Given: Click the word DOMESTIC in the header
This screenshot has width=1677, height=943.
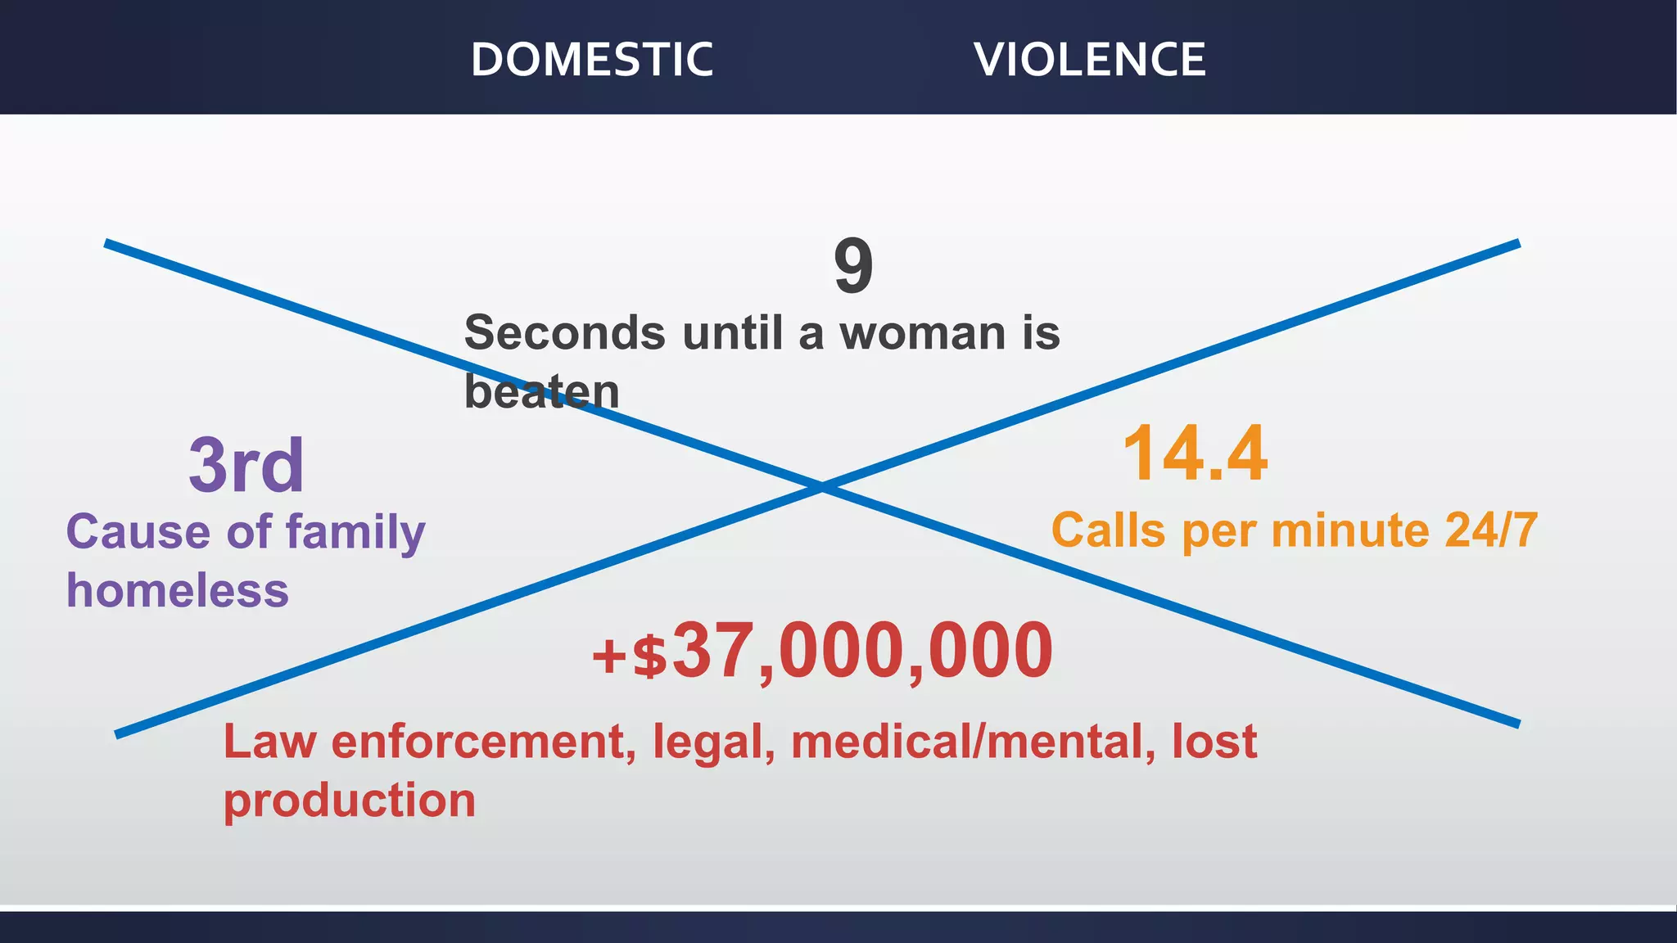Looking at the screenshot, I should click(x=591, y=60).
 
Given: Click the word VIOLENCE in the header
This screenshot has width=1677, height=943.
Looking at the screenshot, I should click(x=1090, y=60).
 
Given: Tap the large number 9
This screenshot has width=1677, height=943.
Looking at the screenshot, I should click(x=853, y=267).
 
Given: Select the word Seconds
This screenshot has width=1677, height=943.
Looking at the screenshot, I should click(x=565, y=333).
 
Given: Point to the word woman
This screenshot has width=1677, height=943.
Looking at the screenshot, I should click(x=922, y=333).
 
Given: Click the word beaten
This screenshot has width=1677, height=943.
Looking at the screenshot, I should click(x=541, y=391).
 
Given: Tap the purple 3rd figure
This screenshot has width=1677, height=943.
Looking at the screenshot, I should click(x=246, y=465).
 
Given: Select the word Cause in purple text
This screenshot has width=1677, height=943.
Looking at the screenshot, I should click(x=138, y=531).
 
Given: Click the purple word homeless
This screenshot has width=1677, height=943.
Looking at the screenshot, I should click(x=178, y=590).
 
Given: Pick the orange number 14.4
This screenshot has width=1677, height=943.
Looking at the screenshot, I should click(x=1195, y=454).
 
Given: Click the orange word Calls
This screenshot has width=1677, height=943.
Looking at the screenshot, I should click(x=1108, y=530).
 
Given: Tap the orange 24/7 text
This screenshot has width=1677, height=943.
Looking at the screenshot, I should click(x=1491, y=530).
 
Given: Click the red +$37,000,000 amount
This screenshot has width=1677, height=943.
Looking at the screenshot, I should click(x=822, y=652).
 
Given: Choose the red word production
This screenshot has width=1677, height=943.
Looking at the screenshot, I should click(x=350, y=801).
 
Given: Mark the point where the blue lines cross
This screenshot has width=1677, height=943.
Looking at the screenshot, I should click(x=822, y=487).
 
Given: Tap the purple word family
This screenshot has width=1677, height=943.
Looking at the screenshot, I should click(x=355, y=533).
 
